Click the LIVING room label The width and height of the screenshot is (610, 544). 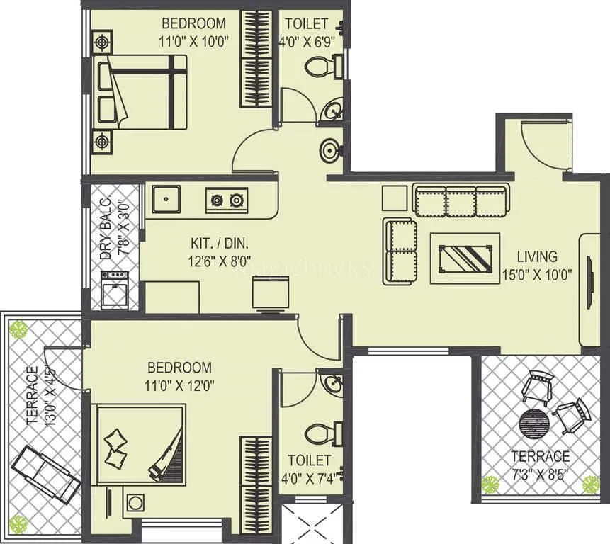(536, 256)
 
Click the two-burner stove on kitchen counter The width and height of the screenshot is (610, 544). (227, 200)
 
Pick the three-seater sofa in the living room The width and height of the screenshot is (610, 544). (461, 202)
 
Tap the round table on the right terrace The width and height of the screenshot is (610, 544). (533, 424)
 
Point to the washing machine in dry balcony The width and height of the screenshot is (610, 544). (114, 289)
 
